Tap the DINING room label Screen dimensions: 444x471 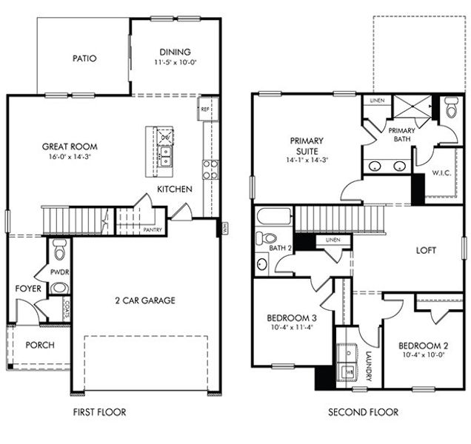[175, 52]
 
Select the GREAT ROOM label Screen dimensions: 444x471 [70, 147]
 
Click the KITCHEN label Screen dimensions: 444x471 [175, 189]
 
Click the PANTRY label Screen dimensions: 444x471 [152, 230]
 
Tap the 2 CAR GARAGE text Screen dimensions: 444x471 [144, 300]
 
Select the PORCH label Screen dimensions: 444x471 [40, 345]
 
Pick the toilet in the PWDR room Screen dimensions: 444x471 [60, 245]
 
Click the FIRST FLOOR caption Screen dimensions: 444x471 [98, 412]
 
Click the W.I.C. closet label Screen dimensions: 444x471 [443, 173]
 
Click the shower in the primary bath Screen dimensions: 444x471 [412, 107]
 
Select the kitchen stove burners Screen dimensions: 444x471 [210, 170]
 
